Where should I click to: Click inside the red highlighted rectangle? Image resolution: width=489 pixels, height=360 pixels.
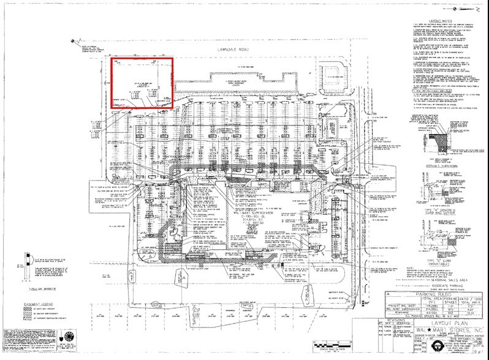tap(142, 83)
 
